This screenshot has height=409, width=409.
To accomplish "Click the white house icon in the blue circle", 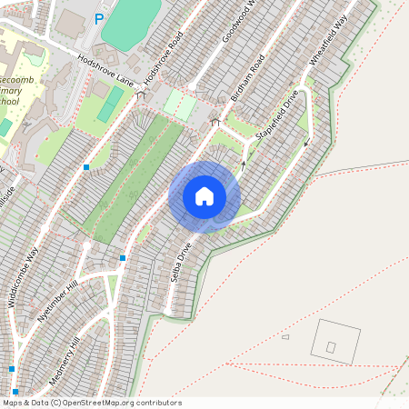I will (x=204, y=196).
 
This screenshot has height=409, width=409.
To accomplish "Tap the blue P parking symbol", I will (x=98, y=18).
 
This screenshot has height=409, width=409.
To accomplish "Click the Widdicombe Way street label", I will (x=25, y=276).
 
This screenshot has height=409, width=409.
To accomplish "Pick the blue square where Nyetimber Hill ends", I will (x=122, y=258).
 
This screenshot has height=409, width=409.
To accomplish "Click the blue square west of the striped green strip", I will (x=86, y=167).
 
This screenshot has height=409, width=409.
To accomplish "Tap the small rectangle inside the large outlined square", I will (x=331, y=347).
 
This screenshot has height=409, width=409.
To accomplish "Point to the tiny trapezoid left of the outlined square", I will (x=284, y=337).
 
